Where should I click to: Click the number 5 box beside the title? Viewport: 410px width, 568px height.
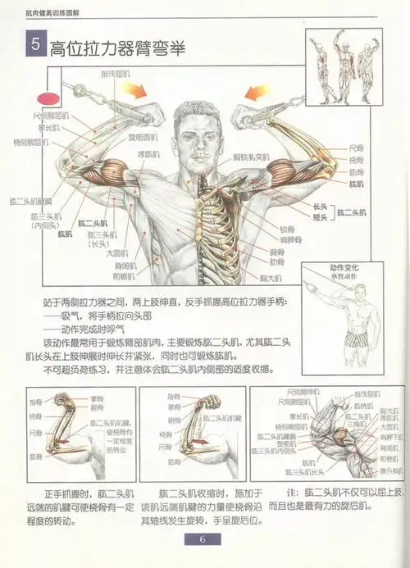(x=34, y=47)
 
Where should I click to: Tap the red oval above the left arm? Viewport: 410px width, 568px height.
(x=53, y=98)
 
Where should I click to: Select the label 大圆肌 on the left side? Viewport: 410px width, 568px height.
(x=125, y=254)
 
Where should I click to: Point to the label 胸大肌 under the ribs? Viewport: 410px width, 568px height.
(x=271, y=279)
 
